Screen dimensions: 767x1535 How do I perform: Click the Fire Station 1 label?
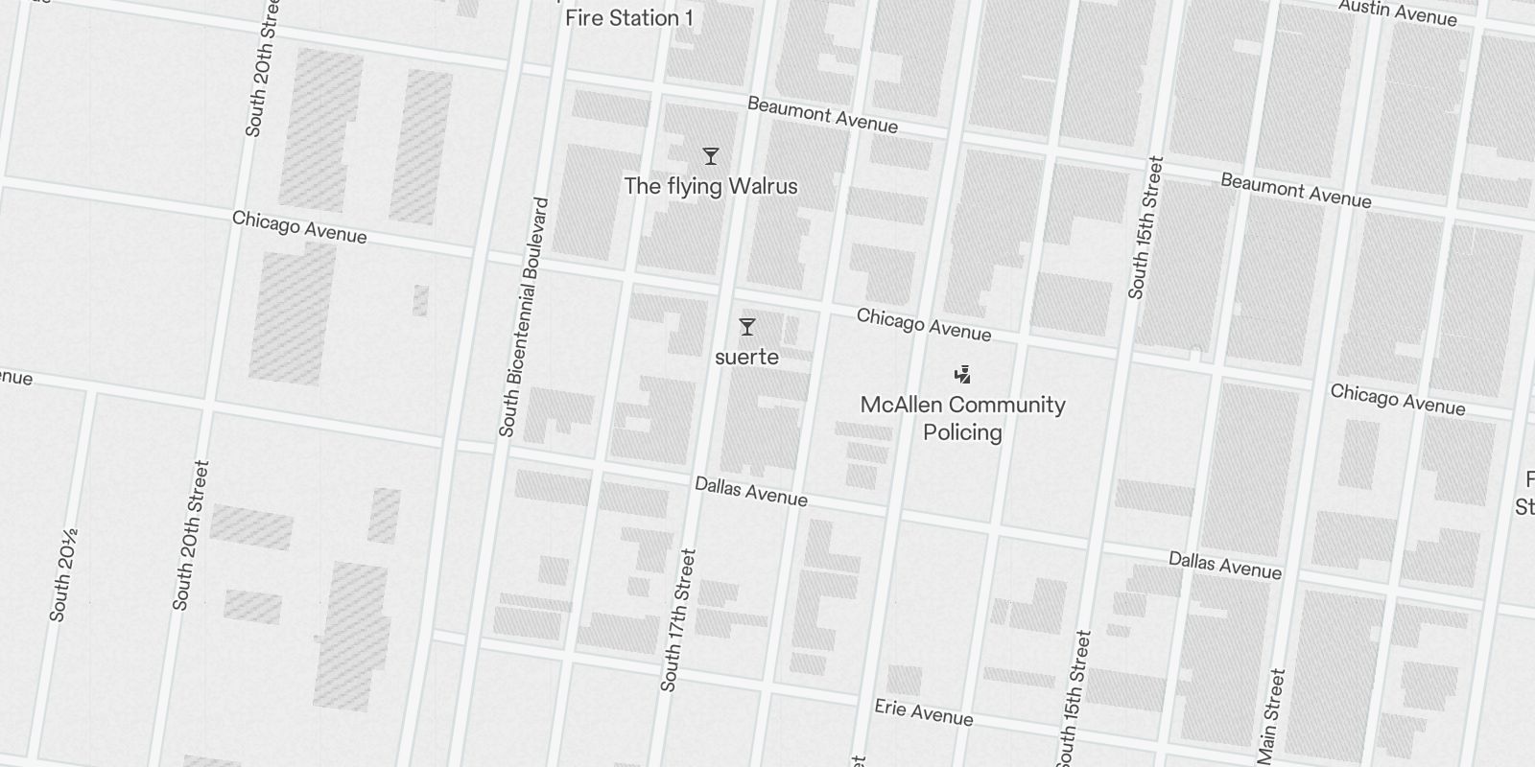628,17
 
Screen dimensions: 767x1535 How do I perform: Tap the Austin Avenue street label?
1397,12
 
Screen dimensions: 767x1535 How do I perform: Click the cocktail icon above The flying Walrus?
711,156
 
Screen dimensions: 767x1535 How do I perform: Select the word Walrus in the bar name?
761,186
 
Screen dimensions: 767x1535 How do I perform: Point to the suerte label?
746,357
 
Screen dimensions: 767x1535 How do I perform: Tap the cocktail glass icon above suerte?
746,328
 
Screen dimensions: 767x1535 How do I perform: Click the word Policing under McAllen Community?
962,432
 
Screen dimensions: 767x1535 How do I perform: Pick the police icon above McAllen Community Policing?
962,374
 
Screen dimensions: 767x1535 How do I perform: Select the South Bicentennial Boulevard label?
524,316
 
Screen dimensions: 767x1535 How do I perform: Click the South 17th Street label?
676,619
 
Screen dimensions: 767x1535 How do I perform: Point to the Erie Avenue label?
923,712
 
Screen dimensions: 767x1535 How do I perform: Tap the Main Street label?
1271,709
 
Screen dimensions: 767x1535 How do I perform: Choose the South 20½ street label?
63,575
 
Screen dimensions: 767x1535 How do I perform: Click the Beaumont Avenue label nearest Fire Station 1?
822,115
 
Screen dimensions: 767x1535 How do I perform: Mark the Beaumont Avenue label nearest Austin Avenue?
1295,191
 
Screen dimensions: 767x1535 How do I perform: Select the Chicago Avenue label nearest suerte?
923,324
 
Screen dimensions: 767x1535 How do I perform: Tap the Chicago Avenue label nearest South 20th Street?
299,227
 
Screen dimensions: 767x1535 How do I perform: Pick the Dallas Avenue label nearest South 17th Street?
750,492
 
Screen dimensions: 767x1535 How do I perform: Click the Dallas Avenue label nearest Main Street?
1224,566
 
